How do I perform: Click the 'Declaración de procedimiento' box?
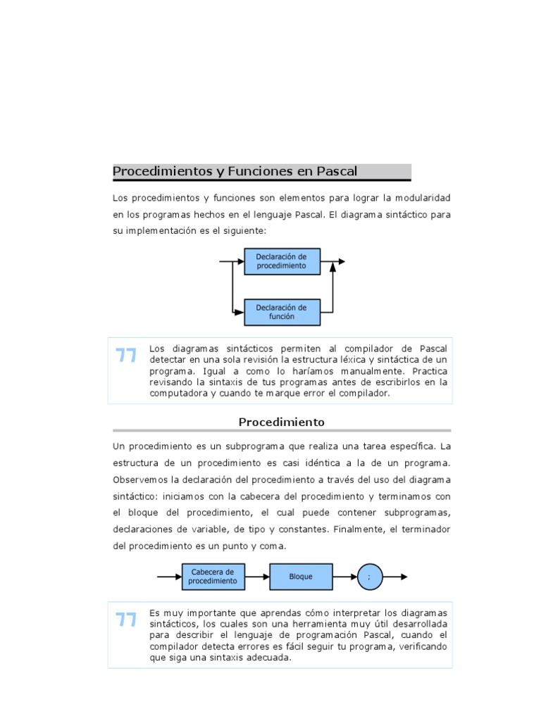pyautogui.click(x=282, y=261)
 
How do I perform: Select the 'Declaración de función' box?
pyautogui.click(x=282, y=312)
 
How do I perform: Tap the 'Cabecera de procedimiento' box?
pyautogui.click(x=213, y=576)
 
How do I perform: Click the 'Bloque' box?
pyautogui.click(x=301, y=576)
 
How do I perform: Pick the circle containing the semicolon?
pyautogui.click(x=368, y=576)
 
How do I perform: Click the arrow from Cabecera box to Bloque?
pyautogui.click(x=258, y=576)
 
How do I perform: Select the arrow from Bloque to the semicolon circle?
pyautogui.click(x=344, y=576)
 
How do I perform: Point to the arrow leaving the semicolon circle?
pyautogui.click(x=394, y=576)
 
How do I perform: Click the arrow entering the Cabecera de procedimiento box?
pyautogui.click(x=169, y=576)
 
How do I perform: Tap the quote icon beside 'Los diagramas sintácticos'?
pyautogui.click(x=126, y=356)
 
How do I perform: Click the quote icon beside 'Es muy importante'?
pyautogui.click(x=126, y=620)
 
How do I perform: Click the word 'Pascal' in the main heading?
pyautogui.click(x=337, y=171)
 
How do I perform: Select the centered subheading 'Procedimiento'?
pyautogui.click(x=281, y=422)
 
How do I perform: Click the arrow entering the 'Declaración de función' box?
pyautogui.click(x=237, y=310)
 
